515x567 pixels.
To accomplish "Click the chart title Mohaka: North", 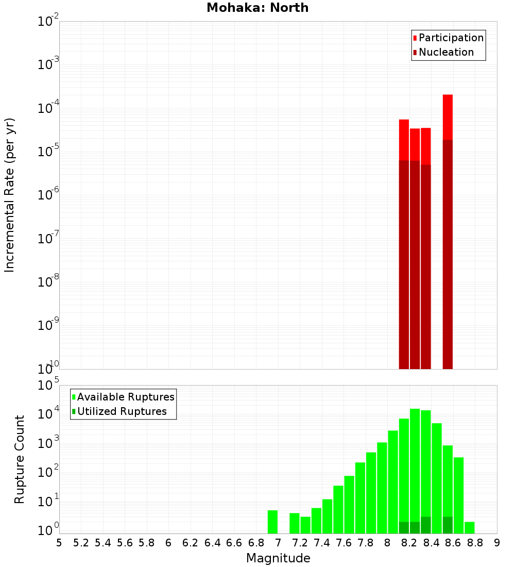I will tap(257, 8).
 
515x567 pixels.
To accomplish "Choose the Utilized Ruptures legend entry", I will tap(122, 411).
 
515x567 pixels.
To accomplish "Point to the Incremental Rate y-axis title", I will tap(9, 195).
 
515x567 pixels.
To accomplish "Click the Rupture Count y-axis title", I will tap(20, 459).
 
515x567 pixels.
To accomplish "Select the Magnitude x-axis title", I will tap(278, 558).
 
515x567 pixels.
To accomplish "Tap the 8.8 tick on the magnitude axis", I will tap(475, 543).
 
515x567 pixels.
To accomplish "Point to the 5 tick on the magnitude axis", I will tap(59, 543).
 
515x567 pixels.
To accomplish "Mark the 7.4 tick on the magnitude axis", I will tap(322, 543).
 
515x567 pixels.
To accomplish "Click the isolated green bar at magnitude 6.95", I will tap(272, 522).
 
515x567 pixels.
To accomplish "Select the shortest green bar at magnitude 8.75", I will tap(469, 527).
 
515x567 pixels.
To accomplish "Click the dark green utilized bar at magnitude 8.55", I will tap(448, 525).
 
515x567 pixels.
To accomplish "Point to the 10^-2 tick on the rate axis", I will tap(48, 22).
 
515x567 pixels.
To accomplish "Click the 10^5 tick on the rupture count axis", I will tap(49, 385).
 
